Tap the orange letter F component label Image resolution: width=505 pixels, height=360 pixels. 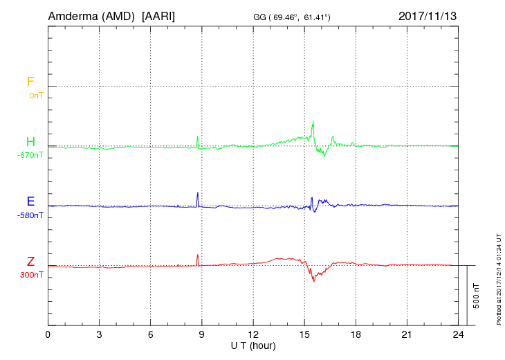coord(30,82)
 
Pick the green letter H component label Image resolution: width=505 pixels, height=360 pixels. coord(30,142)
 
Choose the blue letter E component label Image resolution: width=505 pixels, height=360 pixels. coord(30,201)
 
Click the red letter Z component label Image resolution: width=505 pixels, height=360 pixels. coord(30,262)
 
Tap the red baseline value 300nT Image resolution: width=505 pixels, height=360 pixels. coord(30,275)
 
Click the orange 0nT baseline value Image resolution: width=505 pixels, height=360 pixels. coord(35,96)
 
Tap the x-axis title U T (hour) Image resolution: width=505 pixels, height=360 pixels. coord(253,345)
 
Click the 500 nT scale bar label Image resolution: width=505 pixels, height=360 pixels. coord(477,296)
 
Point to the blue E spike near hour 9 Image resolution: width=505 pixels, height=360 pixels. coord(198,193)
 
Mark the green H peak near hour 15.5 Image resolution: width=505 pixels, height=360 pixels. coord(313,123)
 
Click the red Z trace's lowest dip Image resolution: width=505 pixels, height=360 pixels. coord(314,280)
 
